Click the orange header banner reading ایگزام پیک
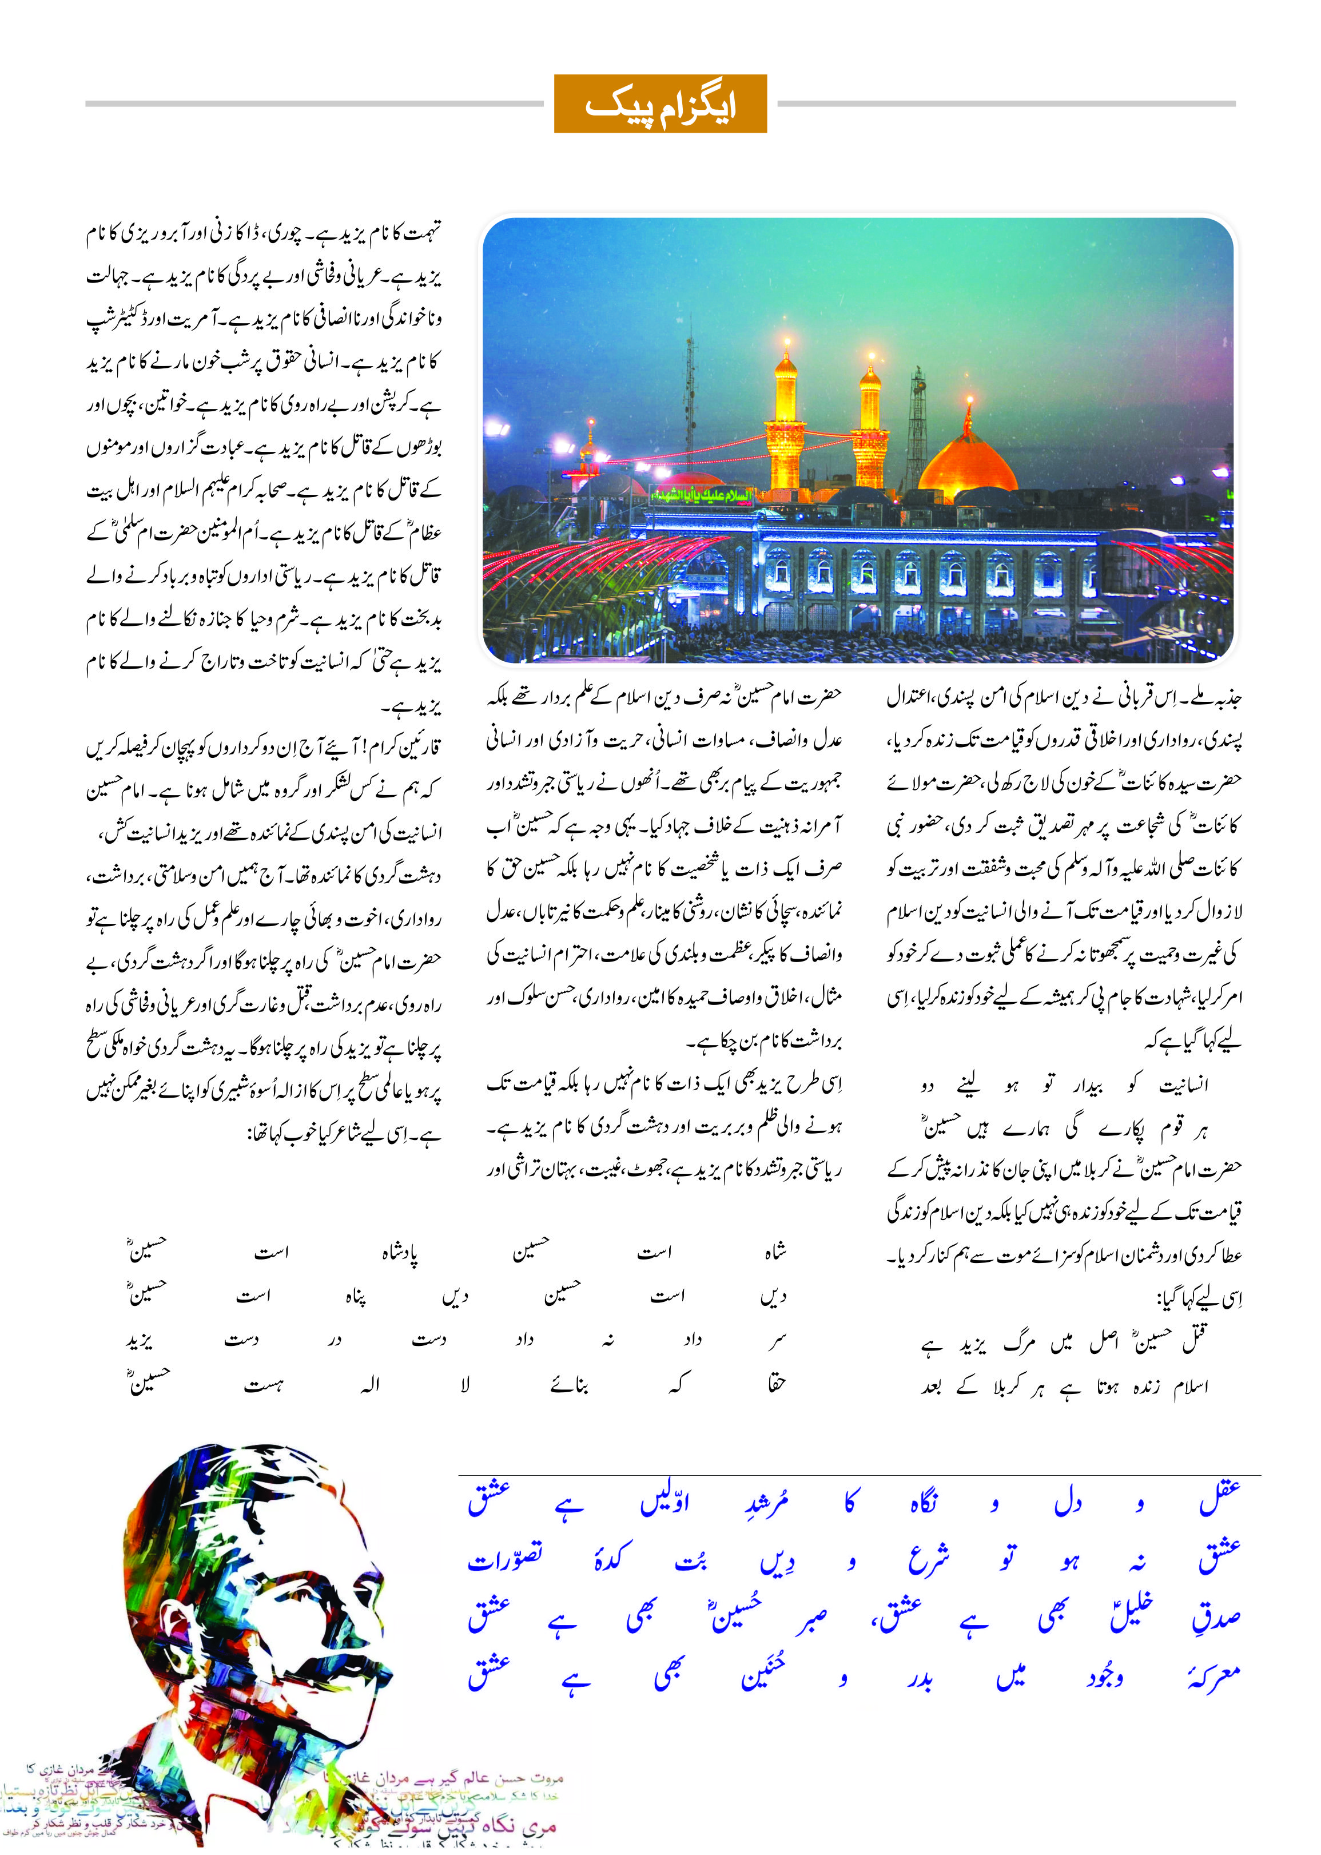(x=660, y=104)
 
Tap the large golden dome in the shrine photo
(x=968, y=464)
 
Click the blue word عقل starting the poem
(x=1219, y=1499)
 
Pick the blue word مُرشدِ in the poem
(x=766, y=1501)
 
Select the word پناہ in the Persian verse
(x=356, y=1297)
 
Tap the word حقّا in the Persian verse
(x=776, y=1383)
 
